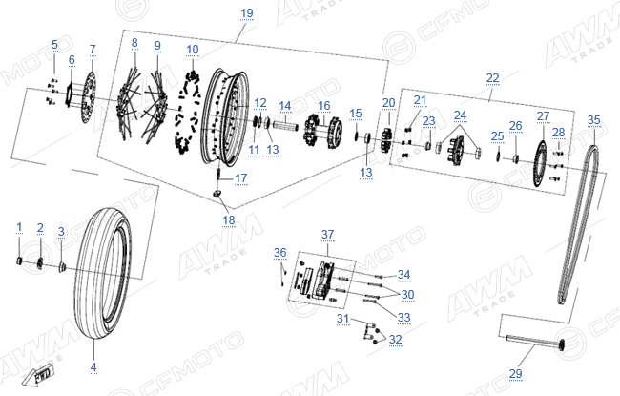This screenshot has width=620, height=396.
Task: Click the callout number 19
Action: pyautogui.click(x=247, y=13)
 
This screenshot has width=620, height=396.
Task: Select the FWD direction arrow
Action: pyautogui.click(x=37, y=375)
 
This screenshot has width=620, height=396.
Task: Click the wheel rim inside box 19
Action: pyautogui.click(x=224, y=117)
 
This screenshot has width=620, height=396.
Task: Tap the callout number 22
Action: pyautogui.click(x=493, y=78)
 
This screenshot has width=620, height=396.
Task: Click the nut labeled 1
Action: pyautogui.click(x=19, y=261)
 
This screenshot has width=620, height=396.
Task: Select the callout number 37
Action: pyautogui.click(x=327, y=234)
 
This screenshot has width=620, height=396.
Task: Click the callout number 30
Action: pyautogui.click(x=407, y=294)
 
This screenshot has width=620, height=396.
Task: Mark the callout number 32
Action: pyautogui.click(x=396, y=339)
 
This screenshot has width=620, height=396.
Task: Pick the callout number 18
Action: pyautogui.click(x=229, y=220)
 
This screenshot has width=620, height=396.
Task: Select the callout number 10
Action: pyautogui.click(x=192, y=50)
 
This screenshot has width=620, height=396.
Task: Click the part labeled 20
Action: pyautogui.click(x=386, y=139)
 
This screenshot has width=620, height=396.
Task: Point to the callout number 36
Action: pyautogui.click(x=279, y=253)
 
